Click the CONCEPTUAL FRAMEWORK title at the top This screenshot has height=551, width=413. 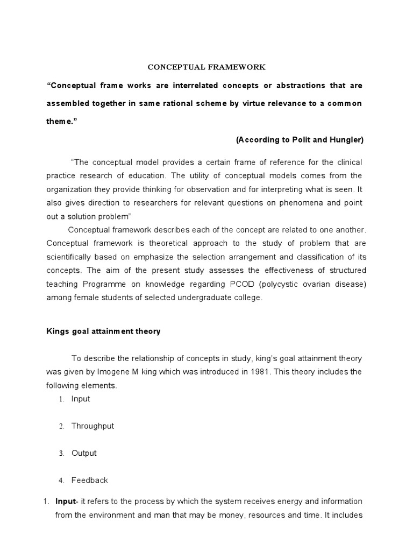click(x=207, y=67)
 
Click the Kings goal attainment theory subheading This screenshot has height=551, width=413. click(x=103, y=331)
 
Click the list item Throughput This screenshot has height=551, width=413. click(x=92, y=426)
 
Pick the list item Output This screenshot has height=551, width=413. click(x=84, y=453)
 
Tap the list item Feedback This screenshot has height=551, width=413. click(x=90, y=480)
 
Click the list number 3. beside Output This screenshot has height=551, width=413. click(x=62, y=454)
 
